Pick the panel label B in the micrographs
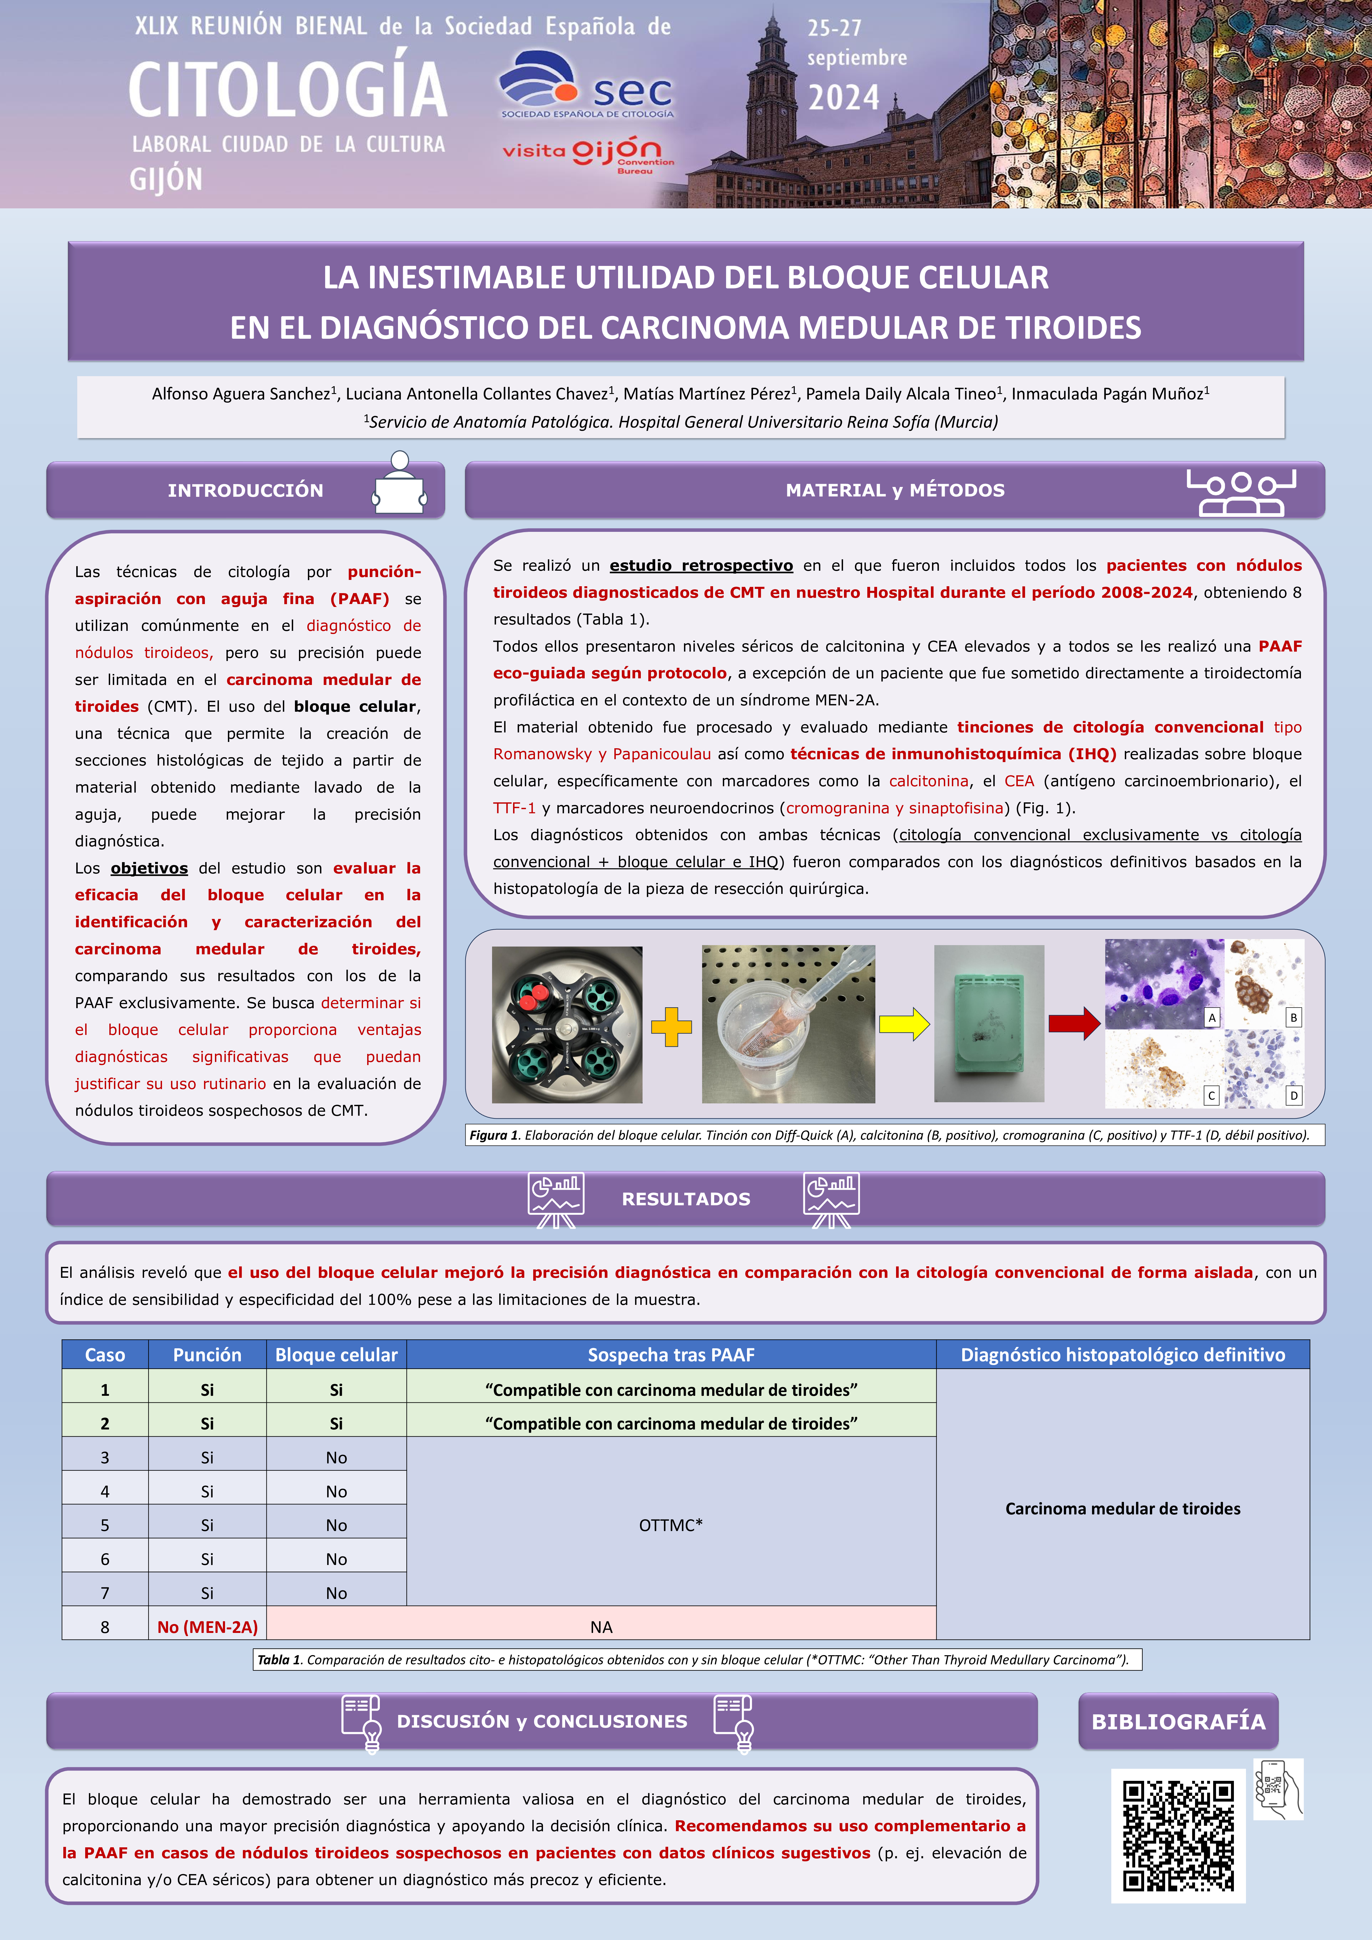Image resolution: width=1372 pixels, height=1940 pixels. click(1293, 1017)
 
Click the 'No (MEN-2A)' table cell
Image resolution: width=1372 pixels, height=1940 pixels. click(207, 1627)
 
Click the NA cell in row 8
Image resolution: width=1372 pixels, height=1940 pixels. click(601, 1627)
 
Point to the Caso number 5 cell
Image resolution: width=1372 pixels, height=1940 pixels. click(105, 1525)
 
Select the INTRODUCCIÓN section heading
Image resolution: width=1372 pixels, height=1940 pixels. click(245, 490)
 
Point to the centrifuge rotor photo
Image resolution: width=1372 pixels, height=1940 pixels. click(567, 1024)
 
